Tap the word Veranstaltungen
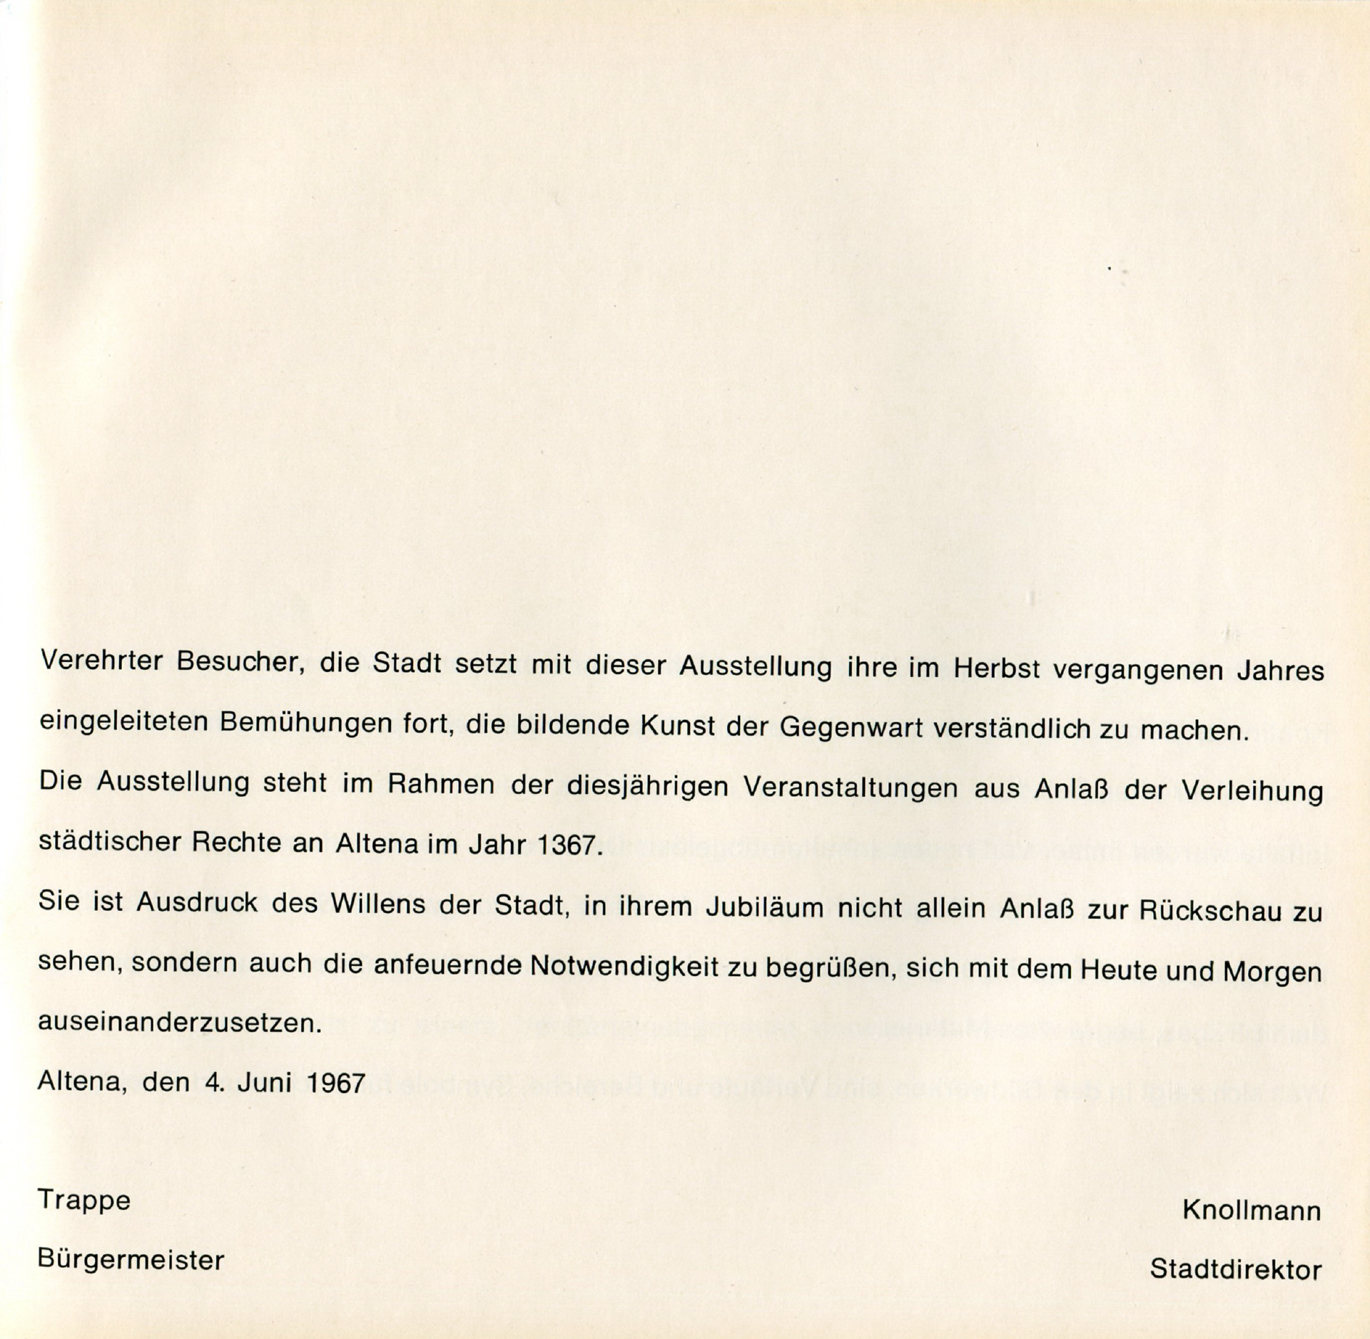[x=850, y=788]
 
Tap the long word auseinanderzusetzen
[x=179, y=1024]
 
